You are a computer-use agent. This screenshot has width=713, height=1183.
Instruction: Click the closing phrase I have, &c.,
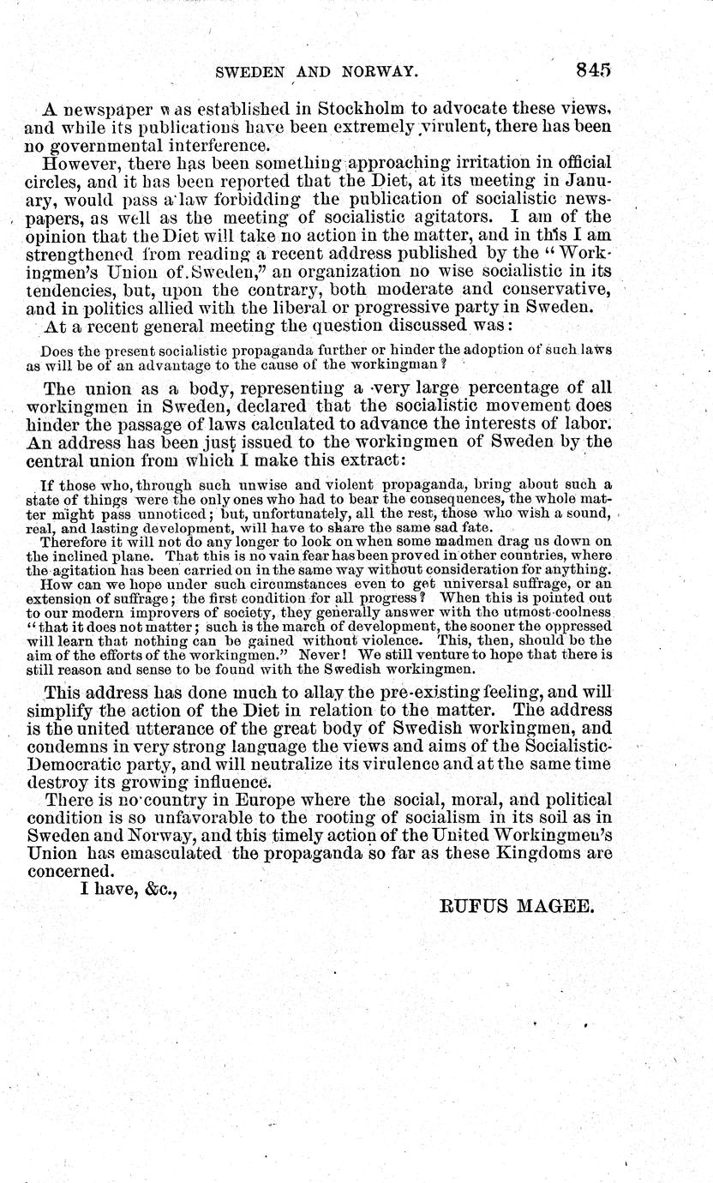(x=129, y=891)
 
